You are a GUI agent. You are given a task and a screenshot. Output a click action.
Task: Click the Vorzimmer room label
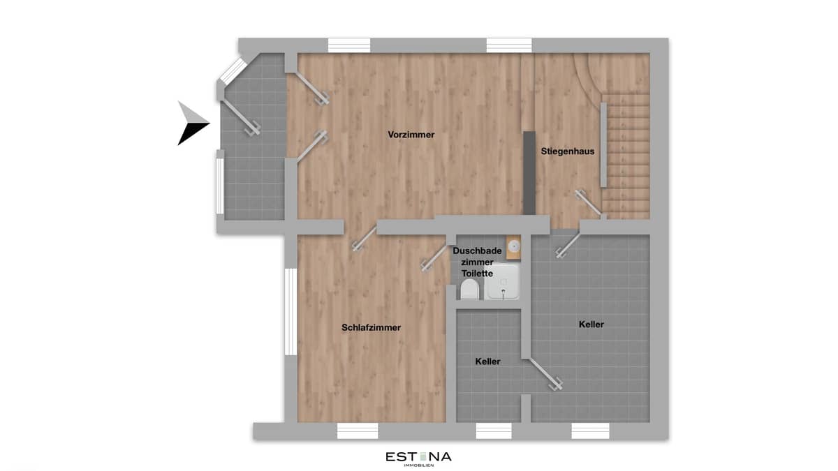(x=411, y=135)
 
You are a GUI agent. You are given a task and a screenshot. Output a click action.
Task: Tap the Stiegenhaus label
(x=567, y=151)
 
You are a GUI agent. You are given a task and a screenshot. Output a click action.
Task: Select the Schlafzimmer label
(x=371, y=327)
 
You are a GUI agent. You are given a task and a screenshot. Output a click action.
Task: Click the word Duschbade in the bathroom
(x=477, y=251)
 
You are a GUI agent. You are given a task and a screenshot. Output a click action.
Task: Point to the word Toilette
(x=477, y=274)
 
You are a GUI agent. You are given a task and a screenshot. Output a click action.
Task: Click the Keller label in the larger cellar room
(x=591, y=324)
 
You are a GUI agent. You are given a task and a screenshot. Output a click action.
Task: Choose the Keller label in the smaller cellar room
(x=487, y=361)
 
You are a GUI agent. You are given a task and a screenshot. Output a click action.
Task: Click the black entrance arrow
(x=191, y=124)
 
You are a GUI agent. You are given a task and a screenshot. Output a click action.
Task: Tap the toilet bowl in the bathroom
(x=469, y=289)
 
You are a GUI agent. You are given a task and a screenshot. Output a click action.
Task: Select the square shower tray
(x=503, y=282)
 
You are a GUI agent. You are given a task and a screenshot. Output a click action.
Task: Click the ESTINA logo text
(x=418, y=457)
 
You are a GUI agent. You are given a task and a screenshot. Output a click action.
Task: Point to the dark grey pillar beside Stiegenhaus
(x=529, y=172)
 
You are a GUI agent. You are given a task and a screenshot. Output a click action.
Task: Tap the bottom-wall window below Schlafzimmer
(x=357, y=431)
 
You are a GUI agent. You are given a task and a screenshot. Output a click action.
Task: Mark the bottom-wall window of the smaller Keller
(x=494, y=431)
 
